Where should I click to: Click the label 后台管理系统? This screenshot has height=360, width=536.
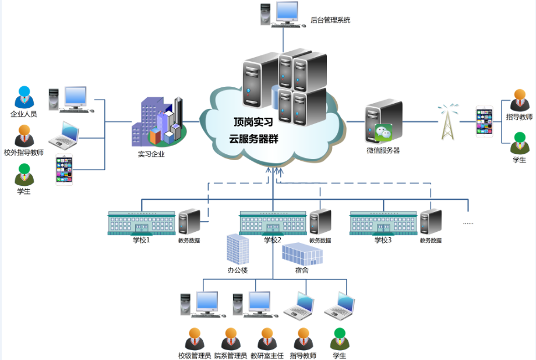pos(330,20)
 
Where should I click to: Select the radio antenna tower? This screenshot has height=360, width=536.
pos(447,122)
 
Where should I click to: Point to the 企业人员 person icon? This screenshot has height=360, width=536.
pos(24,97)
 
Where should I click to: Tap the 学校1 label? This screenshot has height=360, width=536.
pos(141,239)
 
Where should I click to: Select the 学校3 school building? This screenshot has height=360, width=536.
pos(383,223)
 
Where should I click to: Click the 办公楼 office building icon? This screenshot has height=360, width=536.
pos(238,249)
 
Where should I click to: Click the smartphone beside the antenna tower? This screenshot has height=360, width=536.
pos(484,121)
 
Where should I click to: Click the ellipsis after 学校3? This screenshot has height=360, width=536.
pos(468,223)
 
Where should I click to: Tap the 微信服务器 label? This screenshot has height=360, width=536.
pos(383,150)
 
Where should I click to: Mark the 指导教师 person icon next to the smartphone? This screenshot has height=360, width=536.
pos(519,101)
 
